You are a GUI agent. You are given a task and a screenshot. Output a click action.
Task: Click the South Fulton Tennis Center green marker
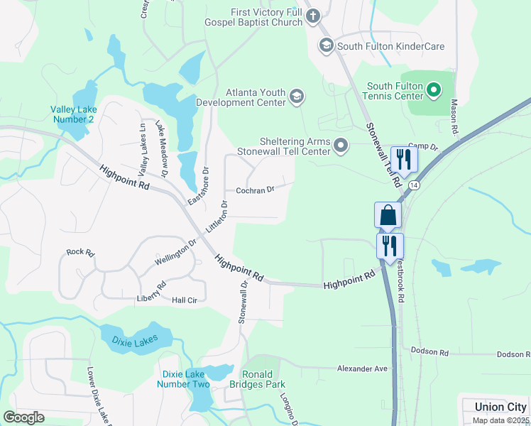pos(435,90)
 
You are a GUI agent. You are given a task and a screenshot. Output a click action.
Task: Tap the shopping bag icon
pos(388,215)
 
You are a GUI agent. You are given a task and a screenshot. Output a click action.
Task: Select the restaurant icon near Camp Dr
pos(404,159)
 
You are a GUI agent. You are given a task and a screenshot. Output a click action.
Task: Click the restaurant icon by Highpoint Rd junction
pos(390,246)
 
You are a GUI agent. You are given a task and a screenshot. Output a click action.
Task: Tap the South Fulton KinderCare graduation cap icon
pos(327,46)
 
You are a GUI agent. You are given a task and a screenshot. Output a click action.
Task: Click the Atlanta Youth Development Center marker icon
pos(297,97)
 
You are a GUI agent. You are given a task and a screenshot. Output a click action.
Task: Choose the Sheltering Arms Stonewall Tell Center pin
pos(341,146)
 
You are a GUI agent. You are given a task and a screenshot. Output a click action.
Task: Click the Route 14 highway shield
pos(414,185)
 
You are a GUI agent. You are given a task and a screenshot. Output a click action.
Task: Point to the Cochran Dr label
pos(255,190)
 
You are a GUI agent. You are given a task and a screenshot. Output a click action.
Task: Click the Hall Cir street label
pos(185,300)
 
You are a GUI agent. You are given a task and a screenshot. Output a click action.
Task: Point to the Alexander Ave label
pos(362,368)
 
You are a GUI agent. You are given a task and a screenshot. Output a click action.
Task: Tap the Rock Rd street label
pos(80,252)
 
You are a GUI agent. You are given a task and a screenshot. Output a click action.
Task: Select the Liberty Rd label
pos(151,293)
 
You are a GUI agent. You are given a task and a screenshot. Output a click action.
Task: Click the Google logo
pos(23,417)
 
